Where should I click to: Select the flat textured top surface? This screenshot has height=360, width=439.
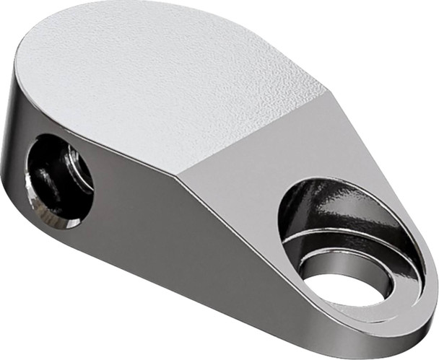point(159,79)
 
